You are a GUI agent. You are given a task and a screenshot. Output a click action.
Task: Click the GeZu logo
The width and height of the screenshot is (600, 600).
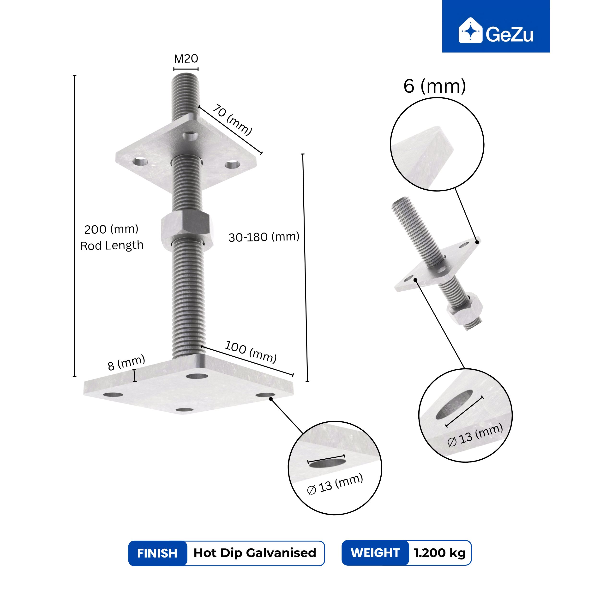[496, 30]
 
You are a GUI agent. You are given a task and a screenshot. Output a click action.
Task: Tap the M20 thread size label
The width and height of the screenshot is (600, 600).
[186, 58]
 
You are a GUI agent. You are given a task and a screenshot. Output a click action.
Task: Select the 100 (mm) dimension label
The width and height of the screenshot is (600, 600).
[250, 352]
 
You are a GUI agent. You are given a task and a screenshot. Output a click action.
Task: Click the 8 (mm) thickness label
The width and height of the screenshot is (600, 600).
[126, 362]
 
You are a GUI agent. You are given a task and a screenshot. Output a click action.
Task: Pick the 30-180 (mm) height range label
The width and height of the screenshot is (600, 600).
[264, 237]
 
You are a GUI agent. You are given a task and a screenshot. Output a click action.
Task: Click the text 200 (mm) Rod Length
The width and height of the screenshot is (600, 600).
[112, 237]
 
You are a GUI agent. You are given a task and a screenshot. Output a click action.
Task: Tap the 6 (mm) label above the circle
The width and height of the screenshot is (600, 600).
[434, 86]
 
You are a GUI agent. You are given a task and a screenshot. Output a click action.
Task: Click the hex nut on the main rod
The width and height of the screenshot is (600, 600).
[187, 230]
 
